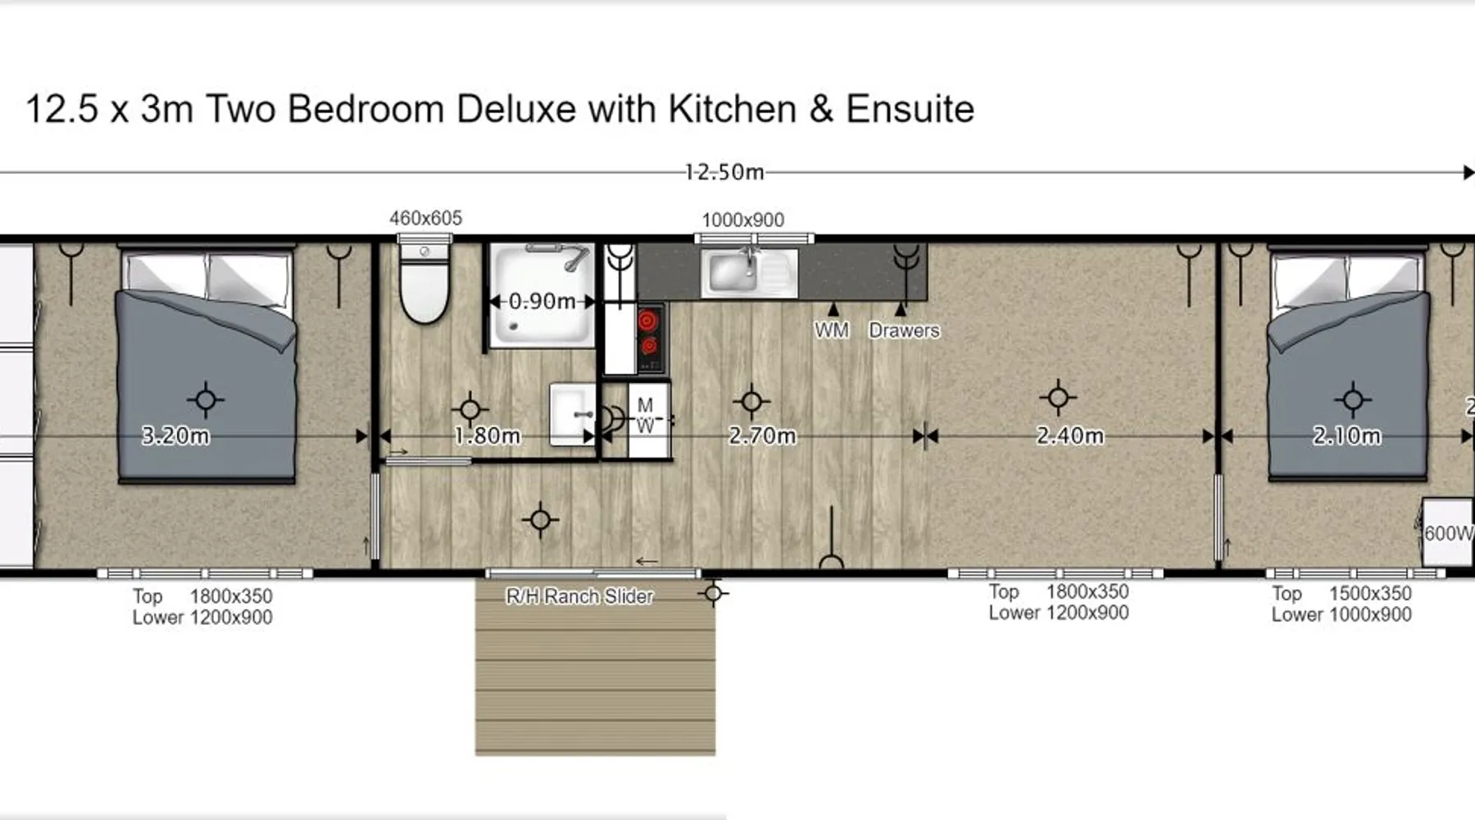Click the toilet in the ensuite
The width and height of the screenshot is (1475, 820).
tap(424, 283)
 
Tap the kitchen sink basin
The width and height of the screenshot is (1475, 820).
tap(733, 271)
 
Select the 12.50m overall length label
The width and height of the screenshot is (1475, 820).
tap(724, 172)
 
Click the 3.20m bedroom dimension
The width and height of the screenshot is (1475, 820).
tap(175, 435)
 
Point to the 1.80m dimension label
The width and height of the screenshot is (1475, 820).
tap(487, 435)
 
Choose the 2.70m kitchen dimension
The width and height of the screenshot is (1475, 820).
tap(762, 435)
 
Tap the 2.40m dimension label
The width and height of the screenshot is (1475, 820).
tap(1069, 435)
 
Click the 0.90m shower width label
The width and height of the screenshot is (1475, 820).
tap(542, 301)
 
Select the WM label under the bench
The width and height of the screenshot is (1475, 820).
tap(832, 330)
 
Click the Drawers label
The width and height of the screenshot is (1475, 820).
tap(904, 330)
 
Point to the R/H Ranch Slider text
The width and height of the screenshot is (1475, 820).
tap(579, 596)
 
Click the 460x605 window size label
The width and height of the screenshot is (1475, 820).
tap(425, 218)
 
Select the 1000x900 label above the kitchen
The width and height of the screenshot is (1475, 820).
tap(743, 220)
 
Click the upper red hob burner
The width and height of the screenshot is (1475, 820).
tap(647, 320)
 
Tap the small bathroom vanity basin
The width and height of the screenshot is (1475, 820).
tap(572, 414)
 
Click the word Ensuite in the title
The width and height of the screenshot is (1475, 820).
tap(910, 109)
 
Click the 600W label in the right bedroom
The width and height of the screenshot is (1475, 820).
tap(1449, 533)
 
